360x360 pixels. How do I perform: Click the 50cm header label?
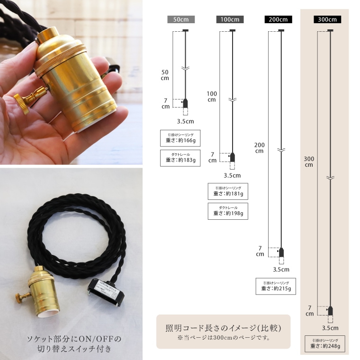click(x=181, y=19)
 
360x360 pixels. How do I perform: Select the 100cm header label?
click(x=230, y=19)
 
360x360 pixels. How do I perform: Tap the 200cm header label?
click(x=278, y=19)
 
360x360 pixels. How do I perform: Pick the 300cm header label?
click(x=327, y=19)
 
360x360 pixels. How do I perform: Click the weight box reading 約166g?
click(x=180, y=138)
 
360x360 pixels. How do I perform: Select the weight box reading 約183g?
click(x=180, y=158)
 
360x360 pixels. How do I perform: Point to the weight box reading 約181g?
click(x=228, y=191)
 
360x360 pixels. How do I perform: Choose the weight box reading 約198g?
click(x=228, y=211)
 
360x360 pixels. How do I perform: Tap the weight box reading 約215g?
click(x=276, y=286)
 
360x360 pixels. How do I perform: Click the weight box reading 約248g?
click(x=325, y=344)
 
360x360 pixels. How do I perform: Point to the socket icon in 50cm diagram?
click(x=185, y=104)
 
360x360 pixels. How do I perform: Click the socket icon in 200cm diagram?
click(x=281, y=252)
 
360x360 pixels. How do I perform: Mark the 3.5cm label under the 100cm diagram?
click(x=232, y=176)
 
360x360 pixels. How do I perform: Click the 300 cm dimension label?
click(x=309, y=162)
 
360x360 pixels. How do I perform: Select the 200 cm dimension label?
click(x=259, y=148)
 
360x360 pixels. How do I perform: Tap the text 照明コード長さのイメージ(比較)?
click(x=223, y=328)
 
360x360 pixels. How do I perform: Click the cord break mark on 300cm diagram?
click(x=330, y=178)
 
